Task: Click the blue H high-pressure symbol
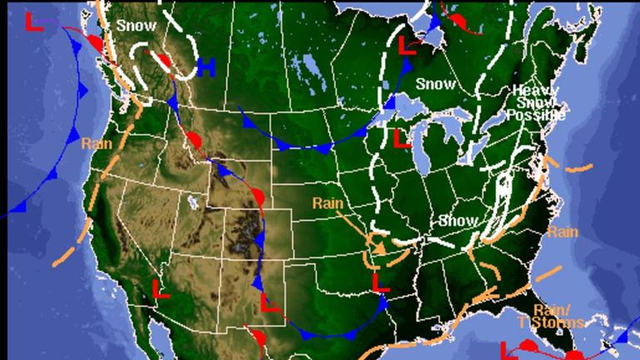[207, 66]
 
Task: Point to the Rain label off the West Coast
[97, 143]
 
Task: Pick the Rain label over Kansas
[328, 202]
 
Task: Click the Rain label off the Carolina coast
[563, 231]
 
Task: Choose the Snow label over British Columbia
[130, 25]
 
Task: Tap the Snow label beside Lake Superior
[435, 83]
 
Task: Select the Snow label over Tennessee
[458, 221]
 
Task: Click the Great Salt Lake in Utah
[193, 202]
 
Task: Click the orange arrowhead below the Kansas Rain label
[379, 247]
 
